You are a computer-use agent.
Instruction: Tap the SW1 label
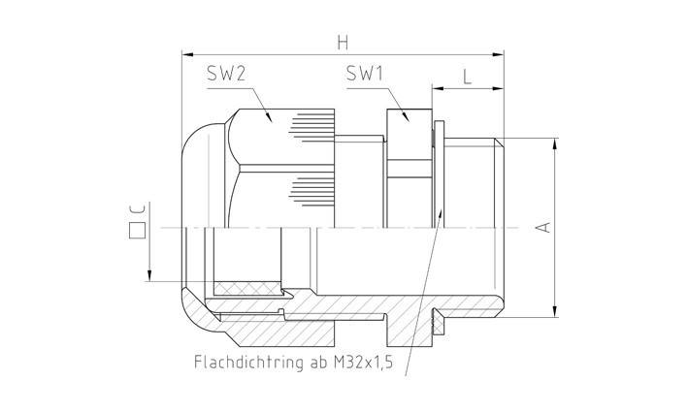(x=365, y=75)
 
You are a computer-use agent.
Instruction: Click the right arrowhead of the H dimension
(x=500, y=54)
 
